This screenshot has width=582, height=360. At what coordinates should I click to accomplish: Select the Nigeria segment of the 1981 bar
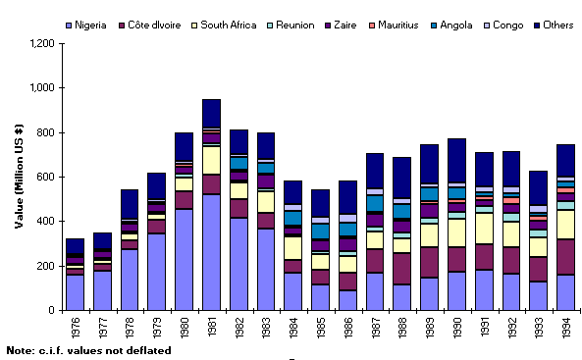212,252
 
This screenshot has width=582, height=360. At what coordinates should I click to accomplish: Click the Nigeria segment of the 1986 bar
348,300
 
